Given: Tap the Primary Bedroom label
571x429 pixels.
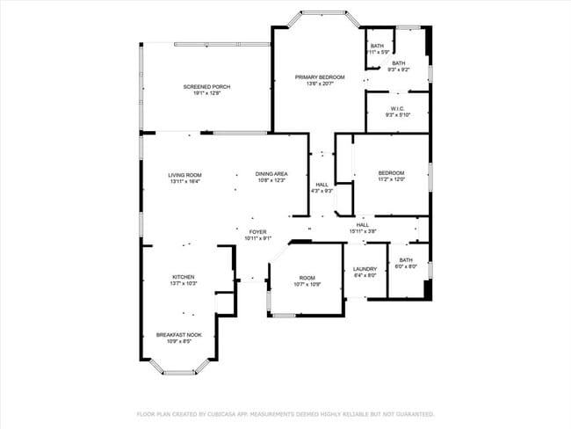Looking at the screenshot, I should click(x=320, y=77).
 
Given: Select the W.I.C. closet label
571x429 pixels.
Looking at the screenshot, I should click(x=397, y=109).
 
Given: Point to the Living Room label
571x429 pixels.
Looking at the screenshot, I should click(x=185, y=175).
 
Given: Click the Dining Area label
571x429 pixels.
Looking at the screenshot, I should click(x=271, y=174).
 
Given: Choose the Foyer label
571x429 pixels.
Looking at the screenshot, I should click(x=257, y=232).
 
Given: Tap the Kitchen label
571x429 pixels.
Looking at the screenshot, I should click(x=183, y=277).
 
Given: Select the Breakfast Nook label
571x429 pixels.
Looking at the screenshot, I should click(x=179, y=335).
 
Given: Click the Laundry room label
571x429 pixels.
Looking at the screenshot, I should click(x=365, y=269).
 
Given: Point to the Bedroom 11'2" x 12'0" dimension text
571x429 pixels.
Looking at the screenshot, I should click(x=391, y=179).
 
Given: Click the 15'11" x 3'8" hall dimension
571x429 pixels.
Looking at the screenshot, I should click(x=362, y=231).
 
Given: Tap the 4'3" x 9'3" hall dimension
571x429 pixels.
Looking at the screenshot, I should click(x=322, y=191).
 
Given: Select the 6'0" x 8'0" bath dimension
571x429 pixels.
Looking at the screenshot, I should click(x=405, y=266).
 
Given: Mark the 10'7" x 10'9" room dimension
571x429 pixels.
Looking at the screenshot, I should click(x=307, y=284).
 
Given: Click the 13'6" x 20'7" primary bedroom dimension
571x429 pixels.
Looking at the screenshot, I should click(x=320, y=84).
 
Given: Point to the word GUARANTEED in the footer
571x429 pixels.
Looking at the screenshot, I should click(x=413, y=413).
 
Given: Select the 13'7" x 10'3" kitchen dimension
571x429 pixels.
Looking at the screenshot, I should click(x=183, y=284).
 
